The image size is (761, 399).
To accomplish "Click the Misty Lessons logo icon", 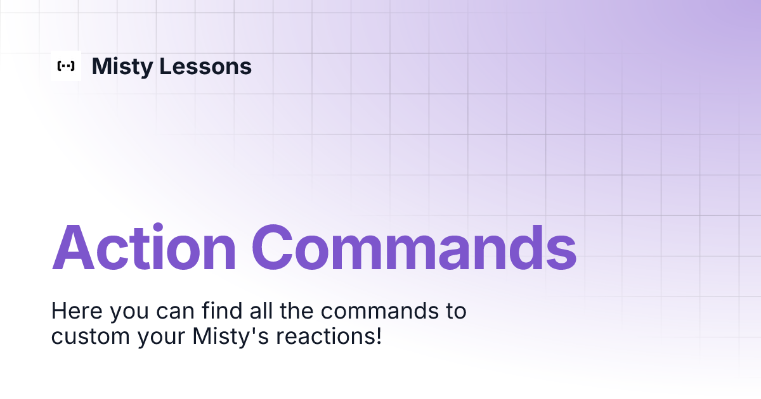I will pyautogui.click(x=66, y=66).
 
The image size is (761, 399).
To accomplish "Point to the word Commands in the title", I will pyautogui.click(x=414, y=248).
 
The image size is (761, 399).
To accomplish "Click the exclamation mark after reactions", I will pyautogui.click(x=378, y=336).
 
